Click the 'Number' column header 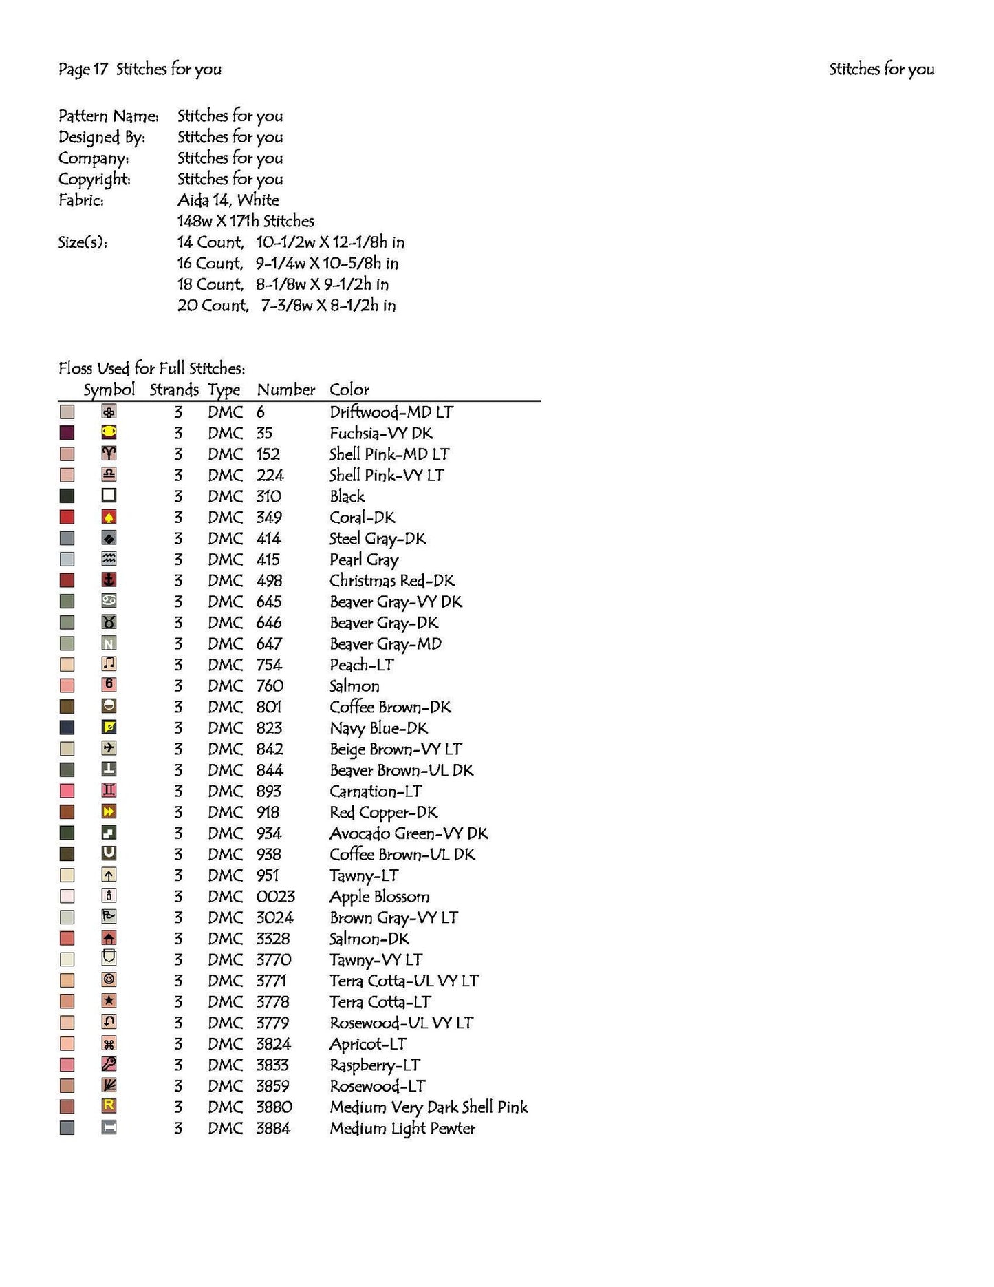[285, 390]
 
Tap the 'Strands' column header [174, 390]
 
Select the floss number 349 [269, 518]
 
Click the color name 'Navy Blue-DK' [378, 728]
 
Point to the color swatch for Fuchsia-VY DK [67, 433]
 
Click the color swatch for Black [67, 496]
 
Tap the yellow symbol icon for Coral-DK [109, 518]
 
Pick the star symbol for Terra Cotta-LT [109, 1001]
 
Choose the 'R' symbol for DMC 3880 [109, 1107]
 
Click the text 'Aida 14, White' [228, 200]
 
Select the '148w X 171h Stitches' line [246, 222]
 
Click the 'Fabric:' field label [81, 200]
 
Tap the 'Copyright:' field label [94, 180]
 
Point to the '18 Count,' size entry [210, 285]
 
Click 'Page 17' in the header [83, 69]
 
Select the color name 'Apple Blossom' [379, 897]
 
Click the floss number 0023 [275, 897]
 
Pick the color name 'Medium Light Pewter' [402, 1128]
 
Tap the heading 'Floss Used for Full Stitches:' [151, 368]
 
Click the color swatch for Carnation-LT [67, 791]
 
